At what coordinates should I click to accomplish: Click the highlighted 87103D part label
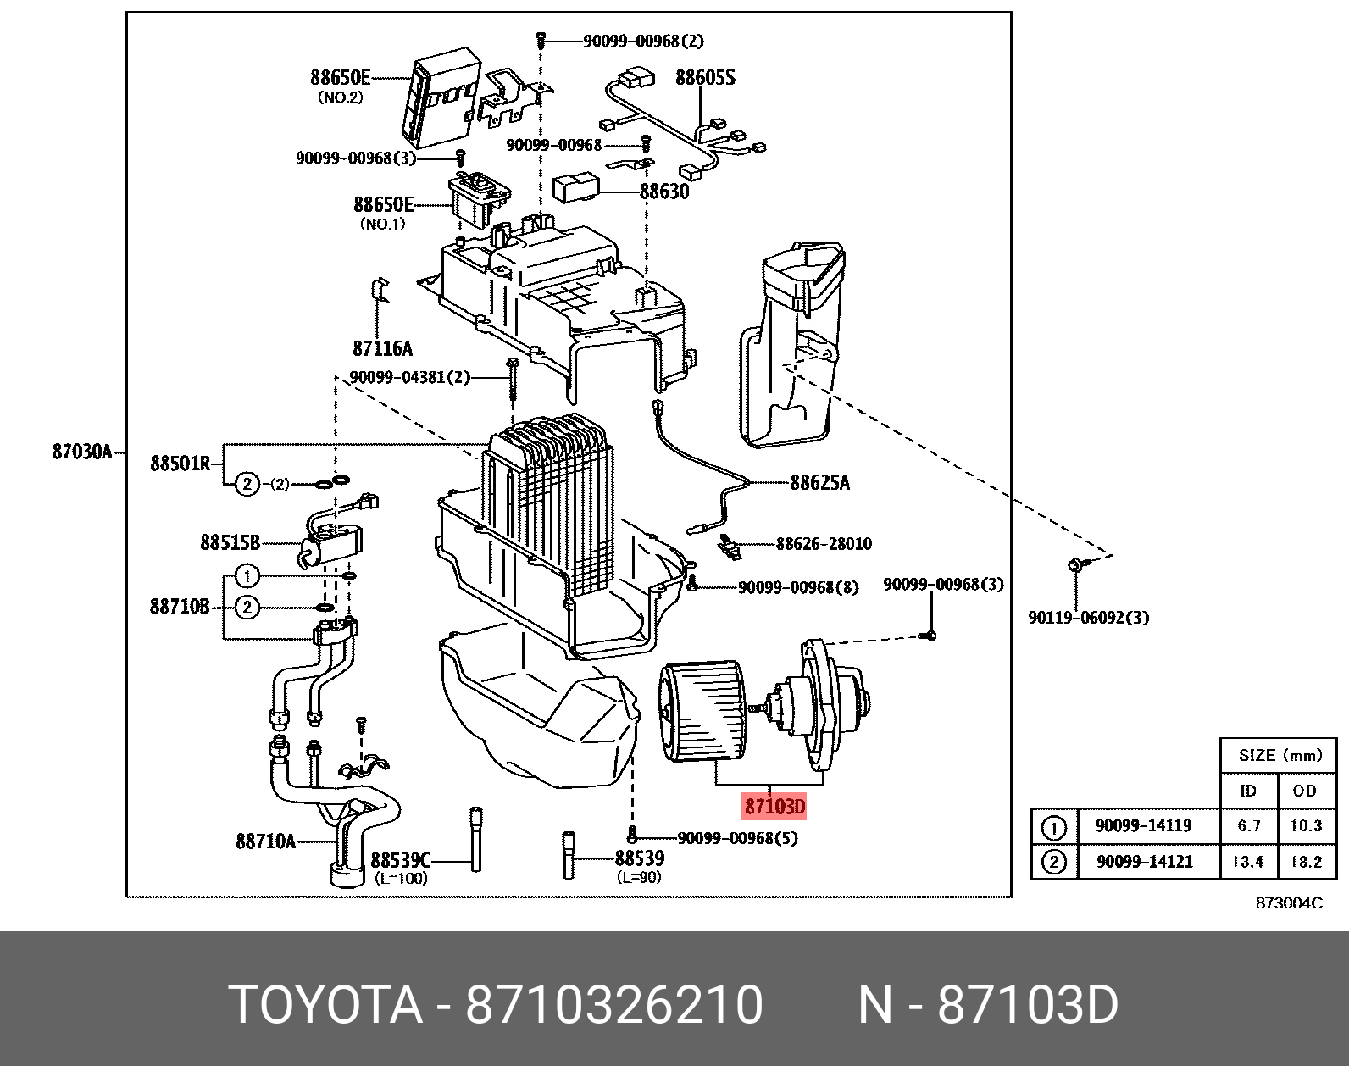tap(774, 805)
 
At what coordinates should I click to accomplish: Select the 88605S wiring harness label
tap(704, 78)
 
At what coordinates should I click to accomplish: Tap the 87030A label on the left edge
tap(82, 452)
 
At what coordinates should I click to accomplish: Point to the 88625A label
tap(819, 482)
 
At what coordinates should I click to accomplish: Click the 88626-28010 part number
tap(823, 544)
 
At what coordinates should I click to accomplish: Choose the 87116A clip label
tap(382, 347)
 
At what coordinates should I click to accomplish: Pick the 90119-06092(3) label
tap(1088, 618)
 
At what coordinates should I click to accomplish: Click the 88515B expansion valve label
tap(230, 541)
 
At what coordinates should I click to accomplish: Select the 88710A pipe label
tap(265, 841)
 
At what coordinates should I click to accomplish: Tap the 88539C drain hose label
tap(401, 861)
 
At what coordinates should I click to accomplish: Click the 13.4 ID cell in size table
tap(1249, 862)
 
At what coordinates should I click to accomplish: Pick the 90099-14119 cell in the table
tap(1144, 825)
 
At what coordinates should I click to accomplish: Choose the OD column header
tap(1305, 791)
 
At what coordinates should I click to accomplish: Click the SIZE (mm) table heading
tap(1280, 755)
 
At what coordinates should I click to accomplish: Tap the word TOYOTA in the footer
tap(325, 1005)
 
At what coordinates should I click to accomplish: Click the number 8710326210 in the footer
tap(614, 1005)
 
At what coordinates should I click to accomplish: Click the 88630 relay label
tap(663, 192)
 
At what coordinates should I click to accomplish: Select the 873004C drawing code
tap(1288, 902)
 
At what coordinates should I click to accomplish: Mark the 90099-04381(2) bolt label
tap(410, 378)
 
